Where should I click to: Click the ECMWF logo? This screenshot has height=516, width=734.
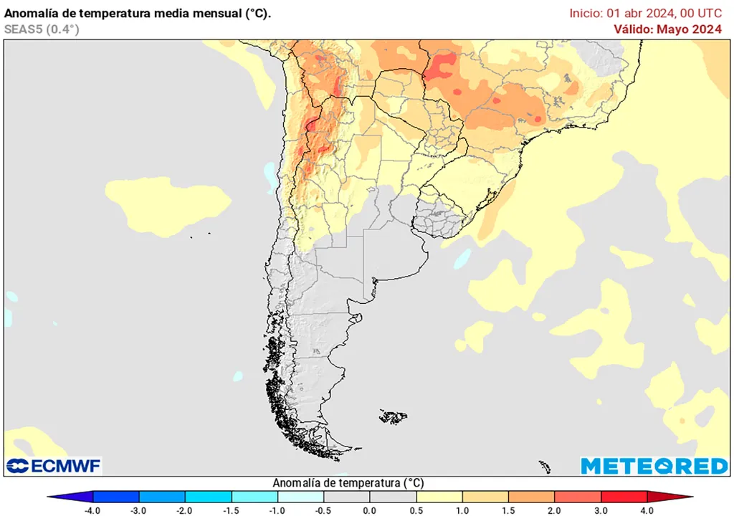click(x=54, y=466)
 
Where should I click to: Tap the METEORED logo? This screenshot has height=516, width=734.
click(x=654, y=466)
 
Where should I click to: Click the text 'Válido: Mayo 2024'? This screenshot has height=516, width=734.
click(x=667, y=29)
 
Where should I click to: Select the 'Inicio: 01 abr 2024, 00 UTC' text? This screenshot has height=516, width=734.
click(x=645, y=13)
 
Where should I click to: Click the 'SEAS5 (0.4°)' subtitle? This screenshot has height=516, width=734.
click(x=42, y=29)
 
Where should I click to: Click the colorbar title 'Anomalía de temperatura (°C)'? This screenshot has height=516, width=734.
click(x=348, y=483)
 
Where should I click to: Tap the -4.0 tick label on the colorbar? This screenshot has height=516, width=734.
click(x=92, y=510)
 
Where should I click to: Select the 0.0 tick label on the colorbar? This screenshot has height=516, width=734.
click(x=369, y=510)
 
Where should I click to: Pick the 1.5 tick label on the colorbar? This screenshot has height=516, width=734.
click(x=508, y=510)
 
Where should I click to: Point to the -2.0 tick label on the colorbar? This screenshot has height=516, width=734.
click(x=184, y=510)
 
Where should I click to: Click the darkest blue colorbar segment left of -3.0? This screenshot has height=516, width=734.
click(x=116, y=497)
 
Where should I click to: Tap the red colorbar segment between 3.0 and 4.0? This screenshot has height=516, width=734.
click(x=624, y=497)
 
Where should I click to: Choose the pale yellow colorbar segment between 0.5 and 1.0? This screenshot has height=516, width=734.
click(x=439, y=497)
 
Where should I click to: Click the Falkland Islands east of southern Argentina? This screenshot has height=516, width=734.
click(x=394, y=416)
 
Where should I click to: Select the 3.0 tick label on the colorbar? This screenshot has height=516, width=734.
click(x=601, y=510)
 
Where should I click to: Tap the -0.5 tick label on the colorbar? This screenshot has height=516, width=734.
click(x=323, y=510)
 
